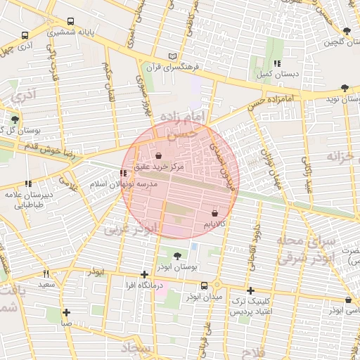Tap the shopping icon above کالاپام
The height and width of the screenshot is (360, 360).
[214, 212]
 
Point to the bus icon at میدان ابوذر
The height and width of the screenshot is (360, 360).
[205, 286]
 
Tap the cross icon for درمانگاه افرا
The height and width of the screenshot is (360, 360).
[144, 274]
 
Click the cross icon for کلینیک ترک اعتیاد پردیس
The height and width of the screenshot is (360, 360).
[250, 290]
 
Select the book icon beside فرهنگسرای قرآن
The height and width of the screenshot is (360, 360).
[173, 57]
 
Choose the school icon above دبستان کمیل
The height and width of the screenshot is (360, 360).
[277, 63]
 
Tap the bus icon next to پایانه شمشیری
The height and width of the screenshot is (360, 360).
[25, 34]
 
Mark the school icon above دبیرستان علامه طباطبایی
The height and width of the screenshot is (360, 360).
[28, 184]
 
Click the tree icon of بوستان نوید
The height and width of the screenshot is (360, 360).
[343, 88]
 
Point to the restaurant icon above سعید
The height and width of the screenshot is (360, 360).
[46, 274]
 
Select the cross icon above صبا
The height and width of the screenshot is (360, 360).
[66, 312]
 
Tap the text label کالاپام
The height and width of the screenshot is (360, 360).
[214, 224]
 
